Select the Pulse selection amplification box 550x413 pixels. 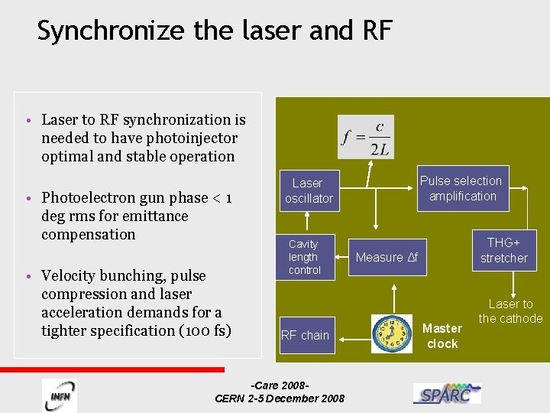(x=462, y=188)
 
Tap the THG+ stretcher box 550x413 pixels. (x=503, y=249)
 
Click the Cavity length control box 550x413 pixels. (x=304, y=257)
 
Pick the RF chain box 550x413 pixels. (x=305, y=335)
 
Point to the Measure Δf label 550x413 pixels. (x=387, y=258)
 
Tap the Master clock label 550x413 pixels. (x=442, y=336)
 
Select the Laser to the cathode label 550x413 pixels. (x=510, y=311)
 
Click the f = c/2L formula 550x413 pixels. (x=367, y=138)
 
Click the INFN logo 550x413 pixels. (x=59, y=395)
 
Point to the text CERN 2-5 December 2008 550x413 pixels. (x=280, y=398)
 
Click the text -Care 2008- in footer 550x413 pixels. (x=280, y=385)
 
